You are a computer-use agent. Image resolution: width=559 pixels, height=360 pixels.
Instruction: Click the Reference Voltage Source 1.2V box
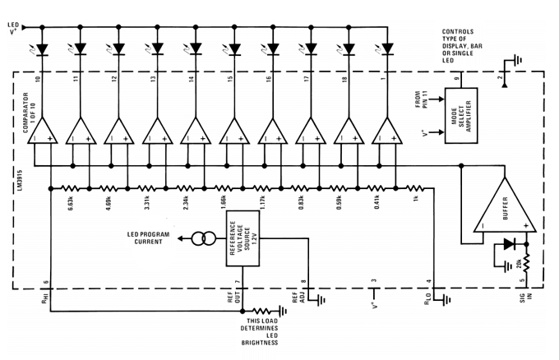[x=243, y=238]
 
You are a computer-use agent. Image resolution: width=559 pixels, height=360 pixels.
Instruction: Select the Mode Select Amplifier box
[x=461, y=116]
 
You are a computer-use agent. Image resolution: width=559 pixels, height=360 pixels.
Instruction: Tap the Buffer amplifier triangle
[x=505, y=205]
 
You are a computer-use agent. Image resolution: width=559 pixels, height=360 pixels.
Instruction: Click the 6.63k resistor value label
[x=71, y=202]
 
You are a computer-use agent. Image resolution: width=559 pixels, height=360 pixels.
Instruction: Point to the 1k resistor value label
[x=416, y=198]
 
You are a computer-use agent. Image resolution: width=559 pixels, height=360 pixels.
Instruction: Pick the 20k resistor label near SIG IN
[x=519, y=263]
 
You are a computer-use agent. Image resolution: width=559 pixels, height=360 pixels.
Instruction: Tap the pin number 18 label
[x=344, y=79]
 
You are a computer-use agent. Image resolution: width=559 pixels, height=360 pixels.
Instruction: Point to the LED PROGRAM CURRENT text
[x=148, y=238]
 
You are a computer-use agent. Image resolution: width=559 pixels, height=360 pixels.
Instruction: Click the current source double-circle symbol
[x=204, y=238]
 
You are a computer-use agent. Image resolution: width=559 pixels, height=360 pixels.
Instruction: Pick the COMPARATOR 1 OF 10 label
[x=30, y=113]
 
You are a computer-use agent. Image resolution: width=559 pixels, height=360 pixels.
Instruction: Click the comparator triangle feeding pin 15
[x=234, y=131]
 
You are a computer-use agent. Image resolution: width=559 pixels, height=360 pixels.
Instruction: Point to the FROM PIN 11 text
[x=421, y=99]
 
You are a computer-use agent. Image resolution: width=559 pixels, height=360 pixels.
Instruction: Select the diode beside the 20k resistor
[x=510, y=244]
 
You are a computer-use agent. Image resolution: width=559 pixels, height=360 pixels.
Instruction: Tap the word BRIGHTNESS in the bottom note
[x=260, y=343]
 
